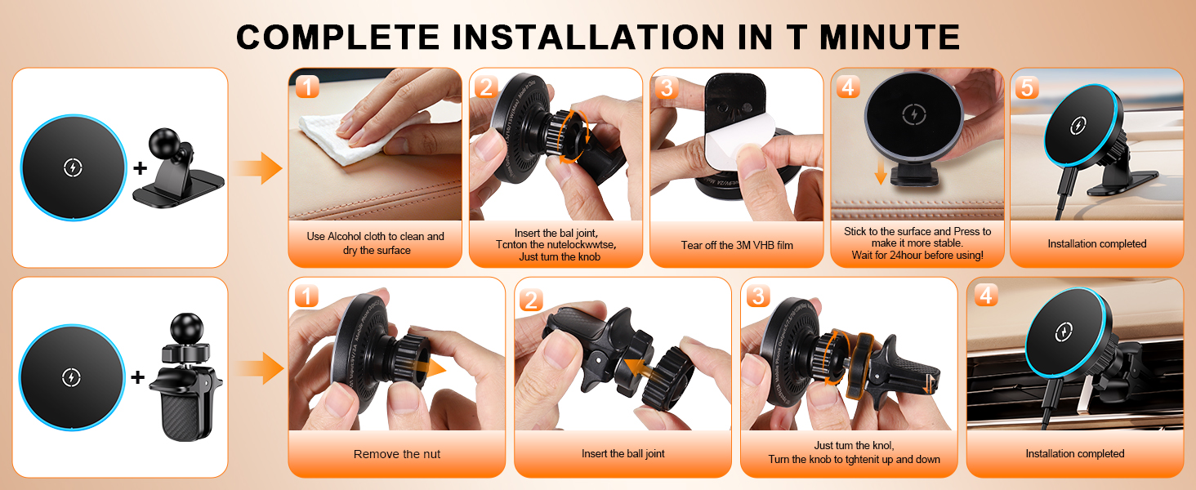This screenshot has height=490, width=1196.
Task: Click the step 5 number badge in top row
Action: click(1026, 87)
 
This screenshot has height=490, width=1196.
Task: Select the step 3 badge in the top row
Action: click(666, 87)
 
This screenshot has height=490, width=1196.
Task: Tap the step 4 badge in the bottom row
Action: click(985, 296)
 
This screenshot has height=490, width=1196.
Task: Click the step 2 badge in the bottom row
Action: click(531, 300)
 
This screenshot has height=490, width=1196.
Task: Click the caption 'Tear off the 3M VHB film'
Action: click(737, 245)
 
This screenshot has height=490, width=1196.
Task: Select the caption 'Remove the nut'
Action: click(396, 454)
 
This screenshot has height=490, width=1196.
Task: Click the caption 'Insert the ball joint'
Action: click(623, 454)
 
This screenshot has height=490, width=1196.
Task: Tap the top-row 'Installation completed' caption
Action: click(1096, 244)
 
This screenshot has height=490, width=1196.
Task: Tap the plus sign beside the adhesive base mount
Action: click(140, 168)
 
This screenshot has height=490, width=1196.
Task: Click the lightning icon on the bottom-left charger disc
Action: click(72, 376)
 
